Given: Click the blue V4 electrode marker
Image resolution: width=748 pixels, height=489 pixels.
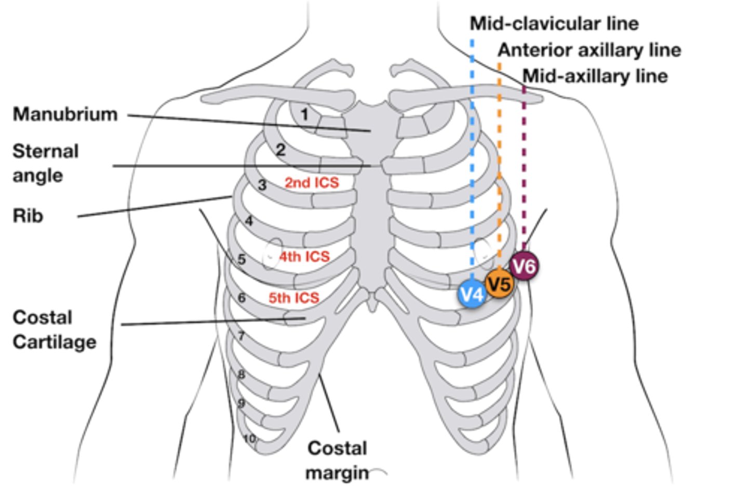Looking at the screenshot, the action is pos(472,295).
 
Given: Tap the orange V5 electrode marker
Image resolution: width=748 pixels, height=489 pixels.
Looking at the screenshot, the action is pos(500,284).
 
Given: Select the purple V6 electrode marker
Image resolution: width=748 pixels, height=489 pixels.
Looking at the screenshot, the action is pos(524,266).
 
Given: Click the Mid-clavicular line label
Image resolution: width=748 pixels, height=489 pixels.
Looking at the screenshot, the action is pos(554,24).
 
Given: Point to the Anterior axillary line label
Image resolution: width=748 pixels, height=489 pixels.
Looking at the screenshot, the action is pos(590,50).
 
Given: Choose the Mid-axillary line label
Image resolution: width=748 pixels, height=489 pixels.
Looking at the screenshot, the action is pos(595,76).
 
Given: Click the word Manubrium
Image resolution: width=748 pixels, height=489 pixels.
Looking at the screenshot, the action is pos(65,114).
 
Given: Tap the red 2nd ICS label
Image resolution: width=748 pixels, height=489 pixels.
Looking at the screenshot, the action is pos(312,183).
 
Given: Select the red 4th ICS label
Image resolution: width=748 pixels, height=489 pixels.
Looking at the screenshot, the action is pos(304,257).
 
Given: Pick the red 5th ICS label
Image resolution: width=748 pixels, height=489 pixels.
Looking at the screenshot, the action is pos(294,298).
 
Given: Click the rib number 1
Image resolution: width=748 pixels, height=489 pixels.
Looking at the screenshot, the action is pos(304,114).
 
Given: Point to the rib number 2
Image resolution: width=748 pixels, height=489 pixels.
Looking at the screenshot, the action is pos(280,150).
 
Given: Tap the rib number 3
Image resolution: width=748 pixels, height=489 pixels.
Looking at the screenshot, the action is pos(262,185).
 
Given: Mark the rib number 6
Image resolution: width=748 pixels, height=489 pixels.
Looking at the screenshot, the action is pos(242,298).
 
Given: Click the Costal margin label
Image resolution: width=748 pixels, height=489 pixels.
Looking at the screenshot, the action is pos(337,460).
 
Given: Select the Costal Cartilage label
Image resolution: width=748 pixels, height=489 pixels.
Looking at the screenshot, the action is pos(55,329).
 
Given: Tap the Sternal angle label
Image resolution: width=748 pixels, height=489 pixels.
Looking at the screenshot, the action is pos(46,163).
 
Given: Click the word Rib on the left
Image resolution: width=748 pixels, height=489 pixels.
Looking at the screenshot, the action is pos(28,216).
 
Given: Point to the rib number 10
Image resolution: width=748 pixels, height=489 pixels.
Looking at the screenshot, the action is pos(250,439).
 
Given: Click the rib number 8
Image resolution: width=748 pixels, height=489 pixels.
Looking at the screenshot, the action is pos(241,375).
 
